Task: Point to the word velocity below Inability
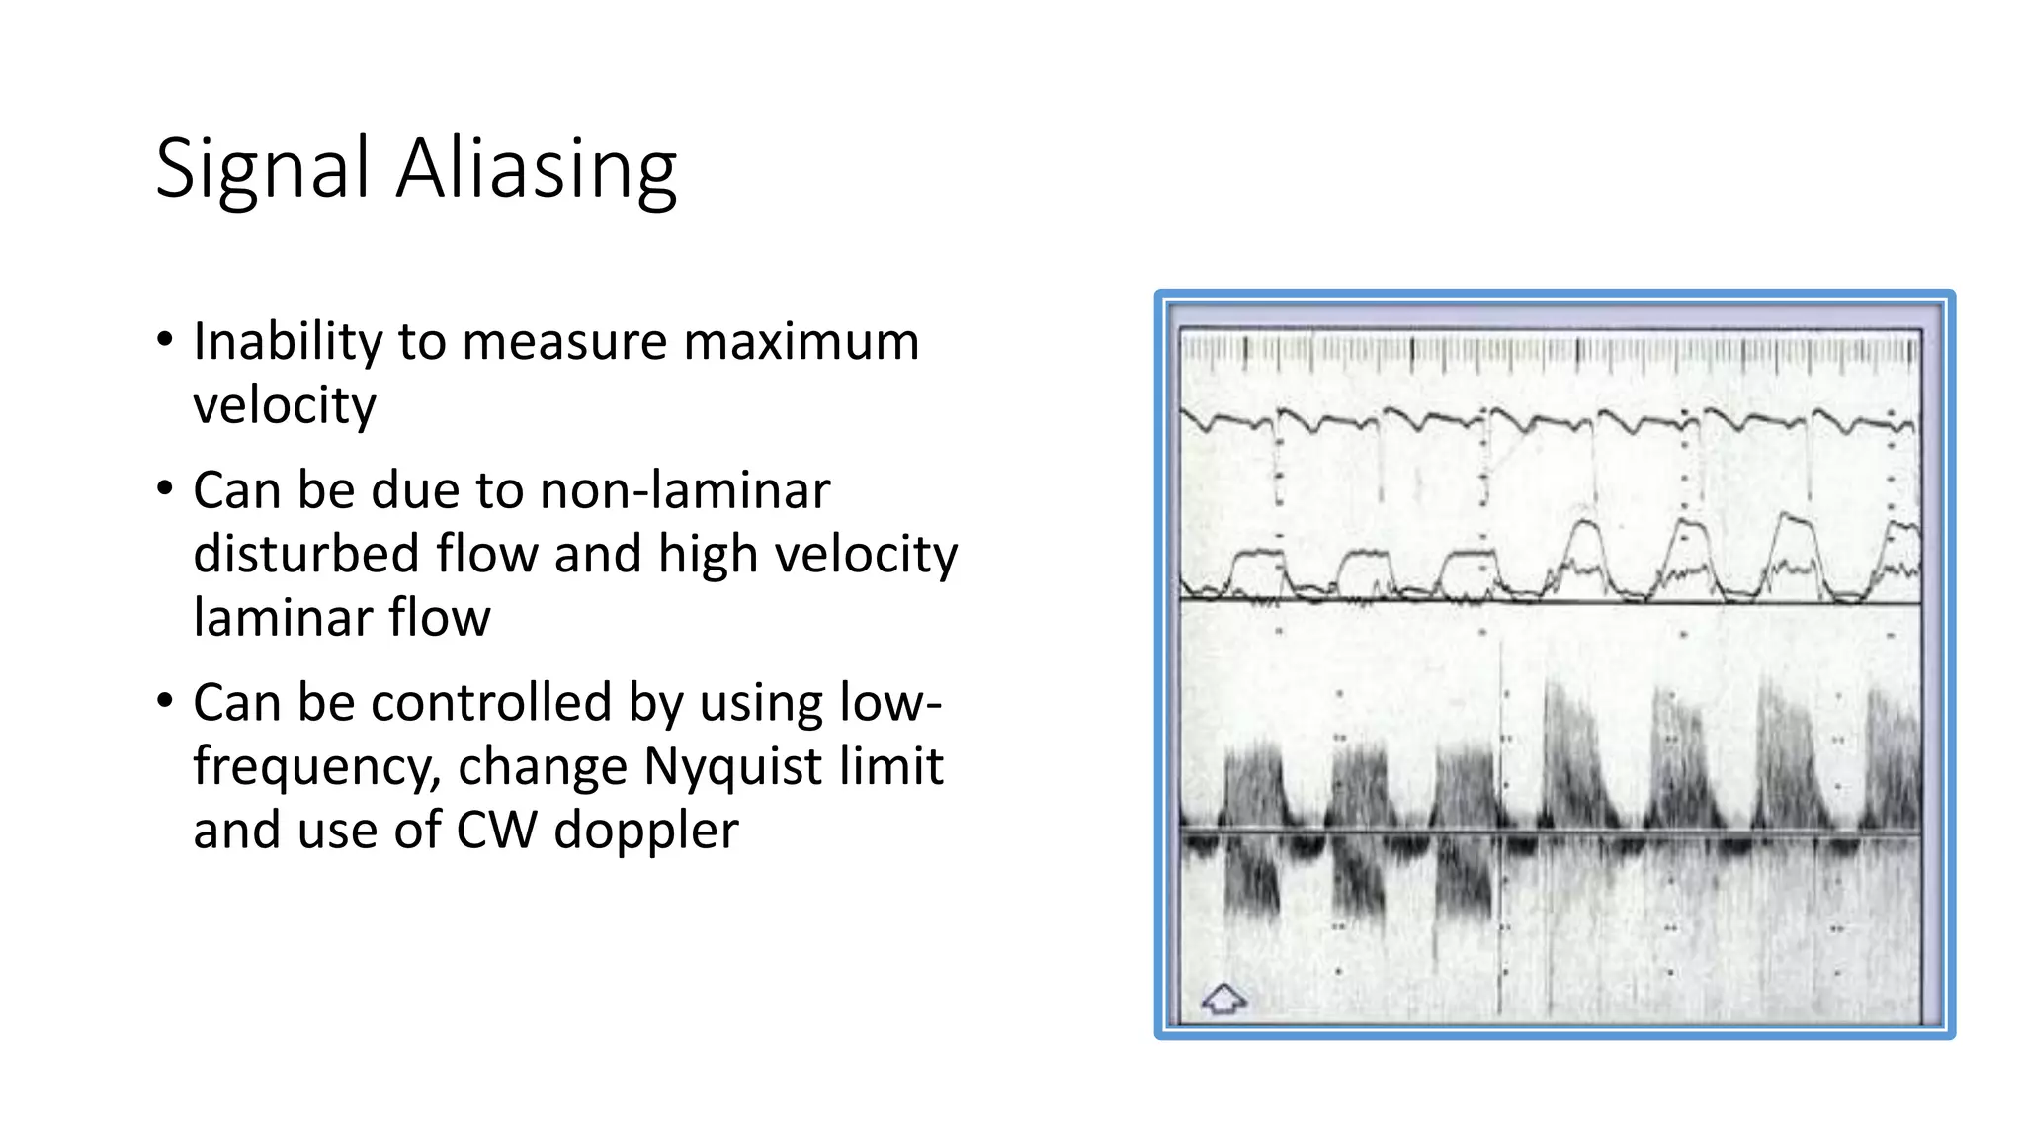(285, 405)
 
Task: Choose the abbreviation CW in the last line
(497, 830)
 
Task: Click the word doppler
(646, 830)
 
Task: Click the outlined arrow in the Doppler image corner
(1223, 999)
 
